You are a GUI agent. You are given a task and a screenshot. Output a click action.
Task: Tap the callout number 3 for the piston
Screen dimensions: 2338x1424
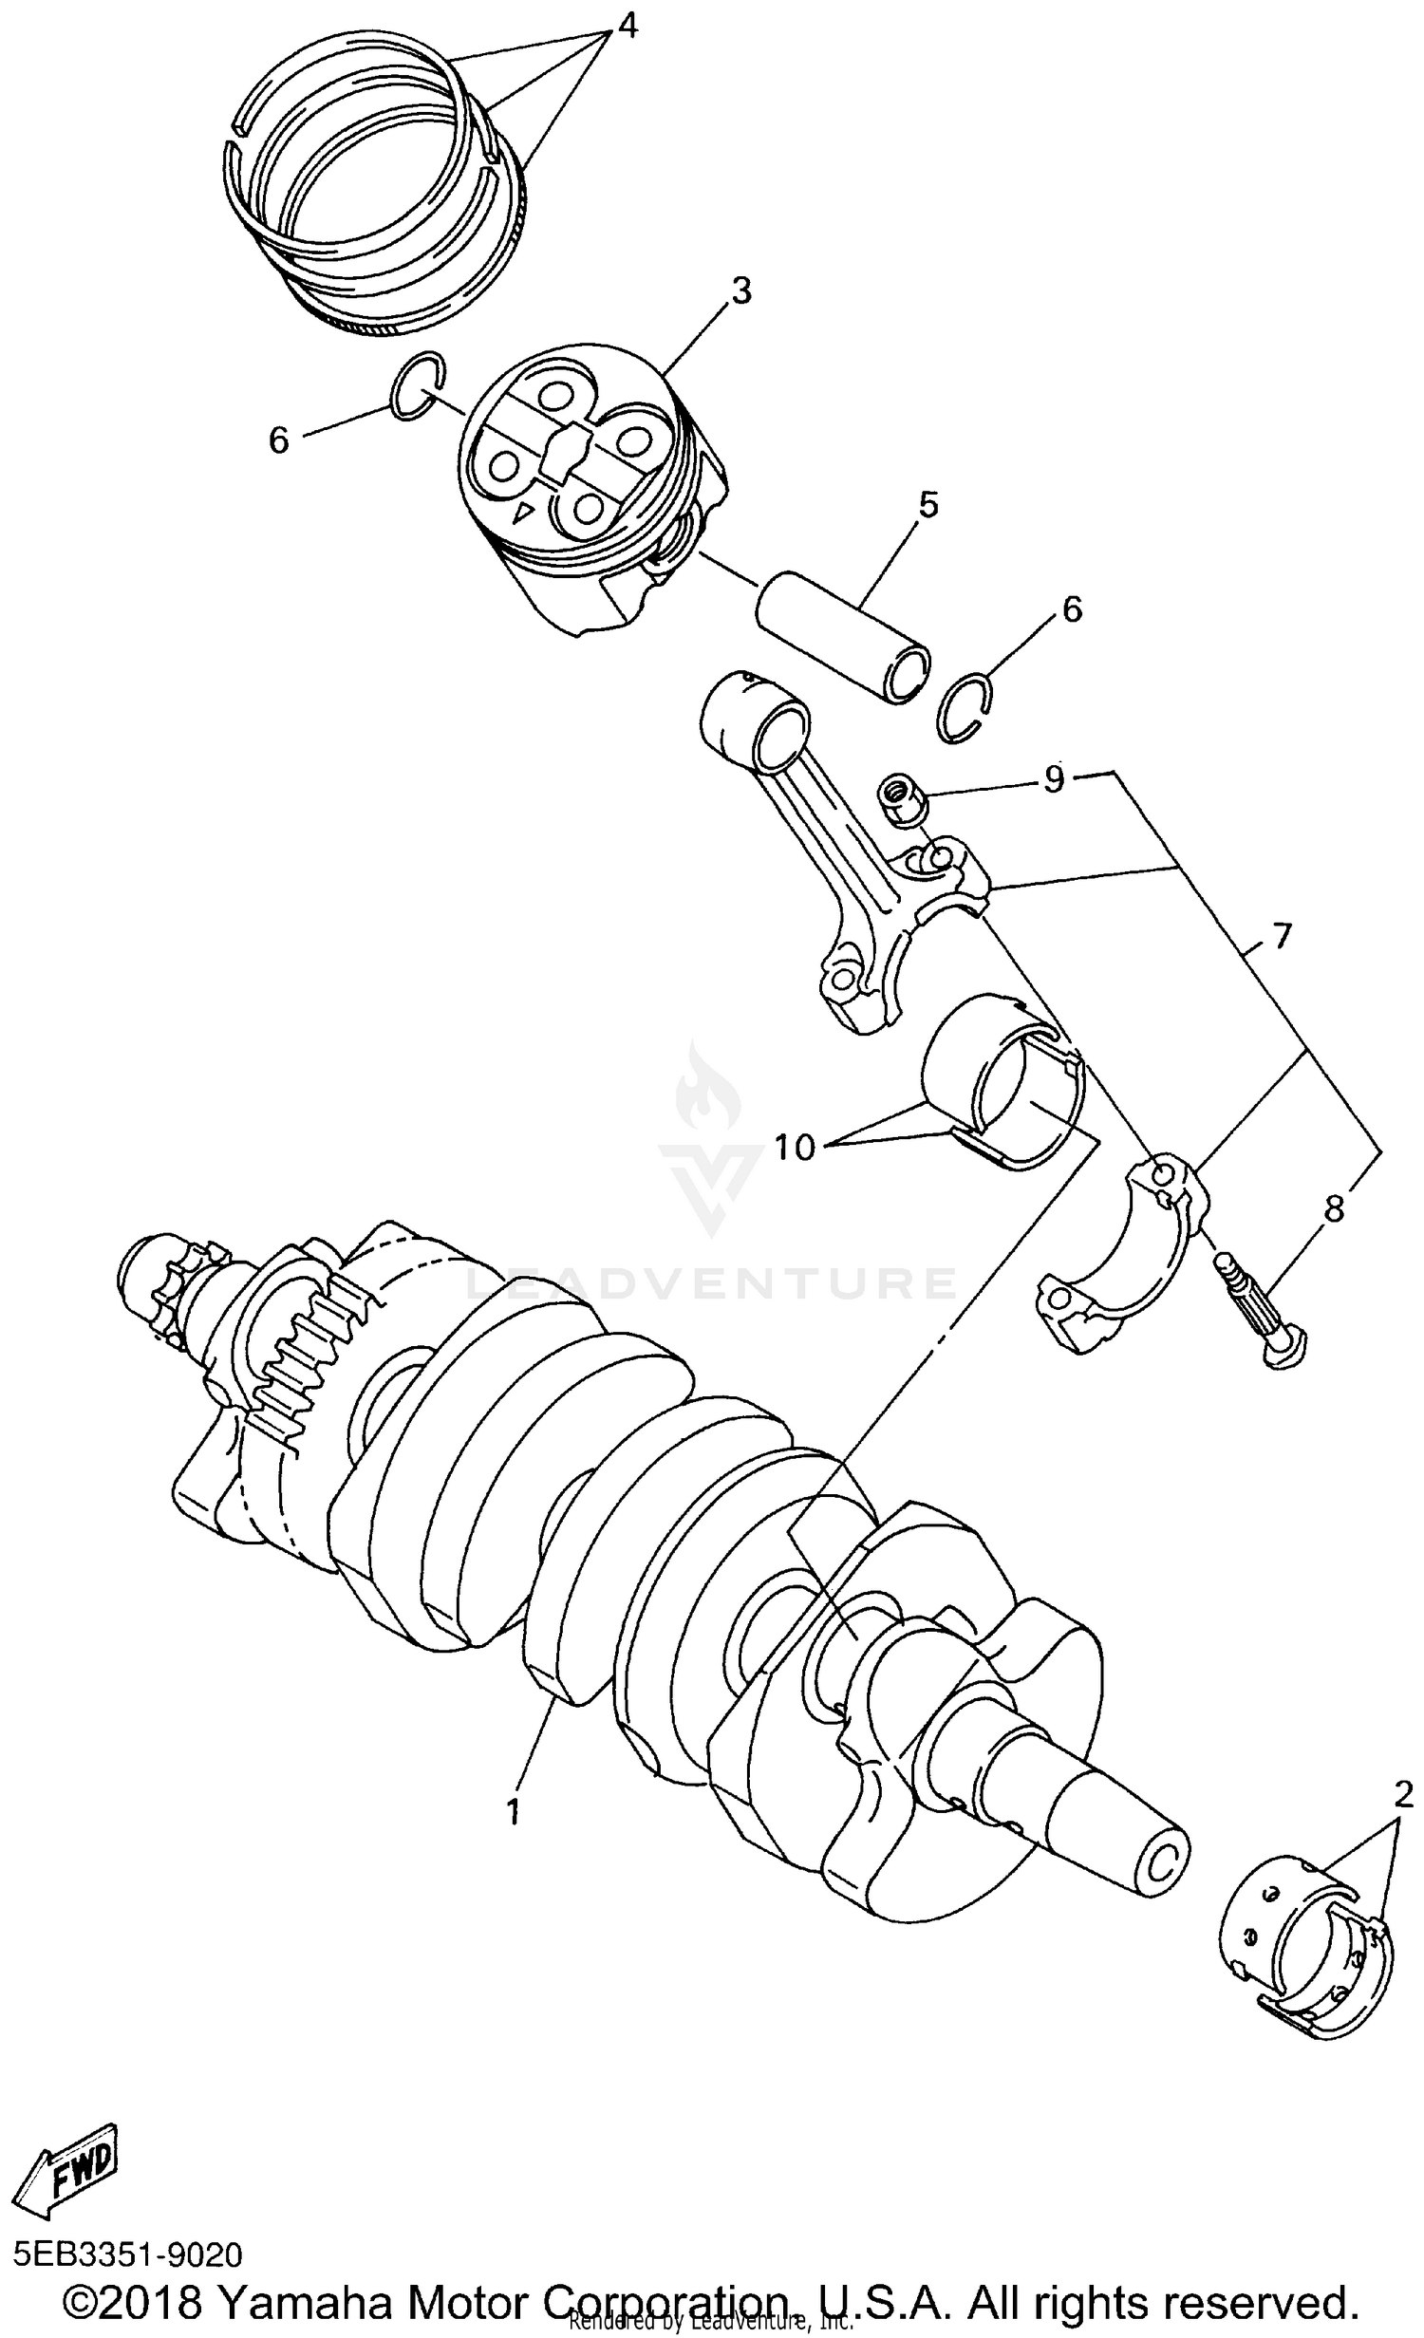(x=740, y=290)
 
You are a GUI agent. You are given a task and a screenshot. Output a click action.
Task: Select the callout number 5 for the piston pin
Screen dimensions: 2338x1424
(x=927, y=504)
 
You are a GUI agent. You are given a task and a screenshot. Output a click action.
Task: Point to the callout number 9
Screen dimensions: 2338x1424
(x=1054, y=778)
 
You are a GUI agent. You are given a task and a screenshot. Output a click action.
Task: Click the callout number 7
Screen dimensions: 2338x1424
(x=1281, y=936)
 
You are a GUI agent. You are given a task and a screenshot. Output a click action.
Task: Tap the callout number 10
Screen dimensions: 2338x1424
(x=794, y=1147)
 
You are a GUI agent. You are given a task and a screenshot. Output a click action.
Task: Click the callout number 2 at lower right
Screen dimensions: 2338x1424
(x=1403, y=1793)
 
